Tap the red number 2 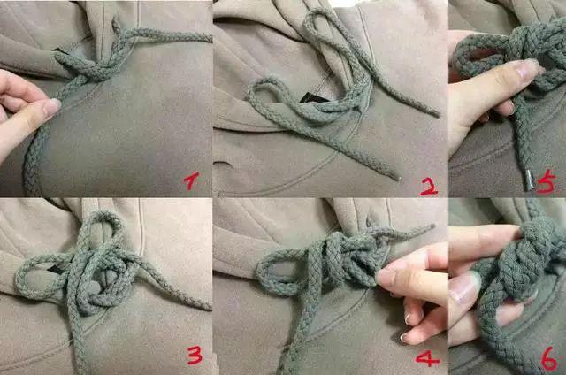428,185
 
